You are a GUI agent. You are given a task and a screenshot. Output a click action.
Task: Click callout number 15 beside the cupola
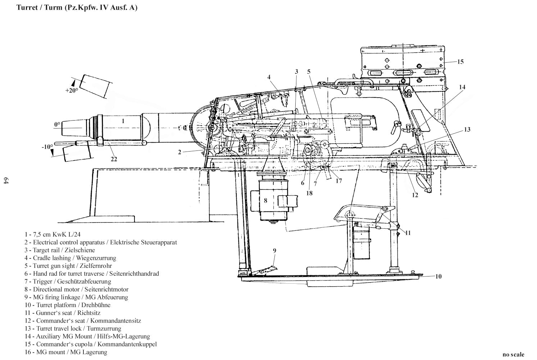point(460,62)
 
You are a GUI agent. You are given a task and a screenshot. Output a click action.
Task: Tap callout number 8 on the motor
point(265,201)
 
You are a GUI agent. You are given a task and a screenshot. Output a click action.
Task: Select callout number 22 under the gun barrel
point(114,159)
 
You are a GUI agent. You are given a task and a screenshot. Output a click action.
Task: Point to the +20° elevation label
point(72,91)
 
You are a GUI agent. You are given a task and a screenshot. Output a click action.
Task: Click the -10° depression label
point(47,147)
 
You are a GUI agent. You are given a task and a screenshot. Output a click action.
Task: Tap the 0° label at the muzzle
point(57,125)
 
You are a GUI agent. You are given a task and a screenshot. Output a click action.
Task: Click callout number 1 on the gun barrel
point(123,121)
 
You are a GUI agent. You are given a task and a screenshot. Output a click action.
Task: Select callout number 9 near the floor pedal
point(274,250)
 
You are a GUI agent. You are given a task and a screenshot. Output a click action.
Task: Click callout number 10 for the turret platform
point(438,276)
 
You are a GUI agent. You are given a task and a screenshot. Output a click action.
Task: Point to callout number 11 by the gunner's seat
point(408,233)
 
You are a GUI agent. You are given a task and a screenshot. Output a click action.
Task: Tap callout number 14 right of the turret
point(462,87)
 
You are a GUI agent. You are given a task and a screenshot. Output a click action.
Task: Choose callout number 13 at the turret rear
point(467,130)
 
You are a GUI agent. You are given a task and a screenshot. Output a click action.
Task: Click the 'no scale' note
point(513,354)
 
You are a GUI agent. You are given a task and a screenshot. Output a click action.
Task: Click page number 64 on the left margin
point(5,181)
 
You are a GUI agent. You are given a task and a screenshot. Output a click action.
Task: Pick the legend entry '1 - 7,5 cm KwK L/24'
point(53,234)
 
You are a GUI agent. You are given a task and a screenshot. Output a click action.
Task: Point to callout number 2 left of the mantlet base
point(179,152)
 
